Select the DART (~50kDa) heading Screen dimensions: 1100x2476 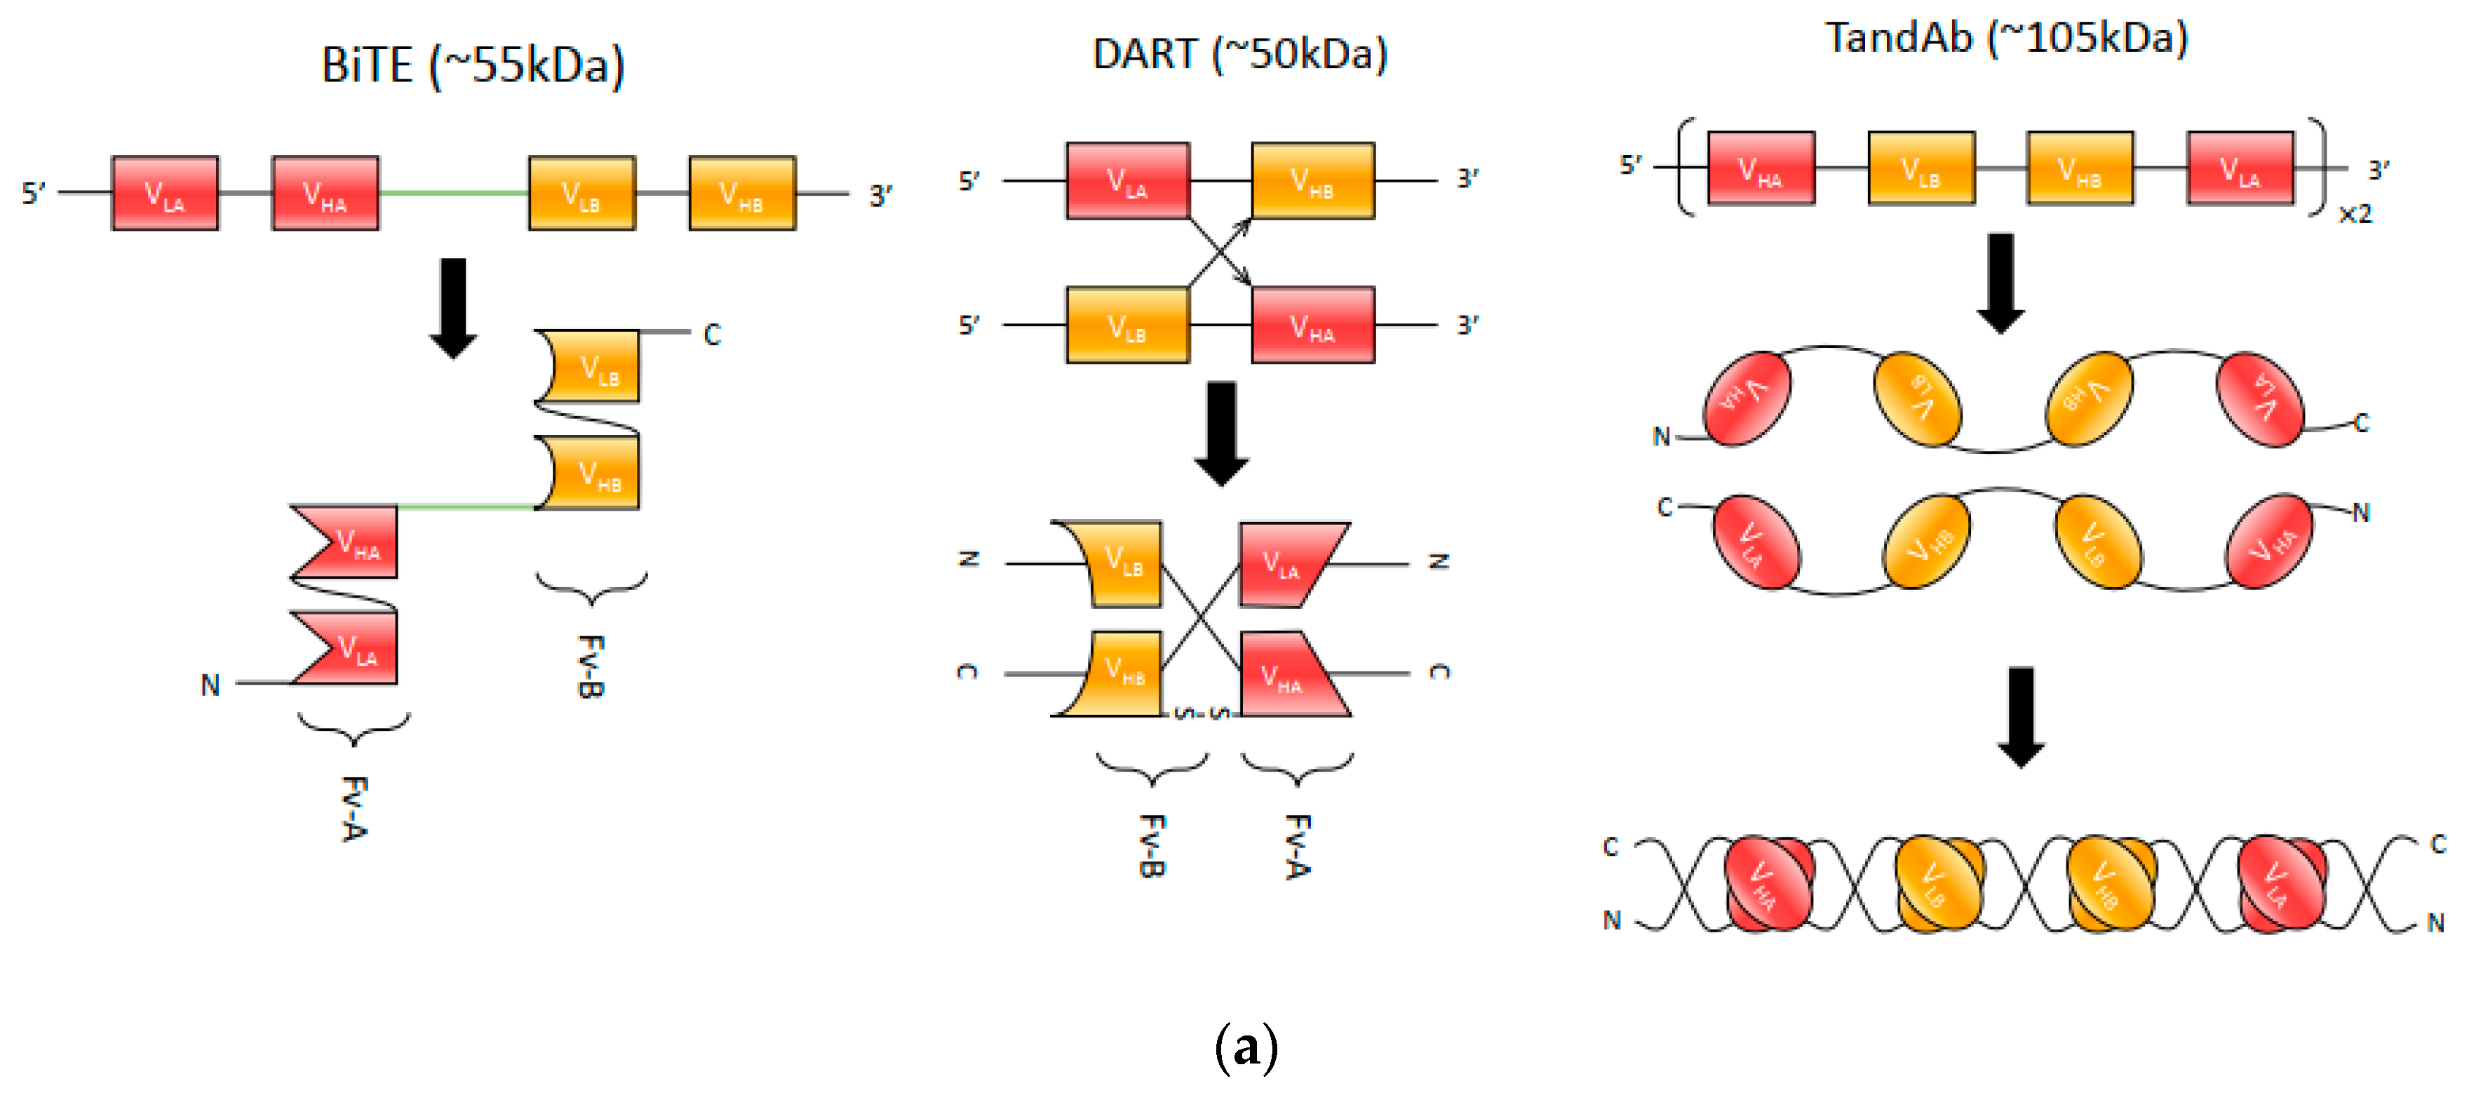(1240, 54)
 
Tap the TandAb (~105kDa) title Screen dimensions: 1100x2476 (2006, 39)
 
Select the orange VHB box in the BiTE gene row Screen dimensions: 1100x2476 (742, 193)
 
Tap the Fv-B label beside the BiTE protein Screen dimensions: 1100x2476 (590, 665)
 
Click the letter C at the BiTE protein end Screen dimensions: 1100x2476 (712, 335)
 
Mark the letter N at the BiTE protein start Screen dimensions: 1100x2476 (210, 685)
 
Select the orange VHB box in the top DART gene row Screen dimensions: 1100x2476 (1313, 181)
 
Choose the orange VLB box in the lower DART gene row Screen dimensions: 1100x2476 (1127, 325)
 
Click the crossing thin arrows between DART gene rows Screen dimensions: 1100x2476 (1220, 253)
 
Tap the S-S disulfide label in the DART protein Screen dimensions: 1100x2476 (1202, 713)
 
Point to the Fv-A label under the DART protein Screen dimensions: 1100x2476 (1298, 846)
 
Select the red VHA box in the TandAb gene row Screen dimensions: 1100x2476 (1761, 169)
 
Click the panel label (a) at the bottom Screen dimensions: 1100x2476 (1246, 1048)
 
